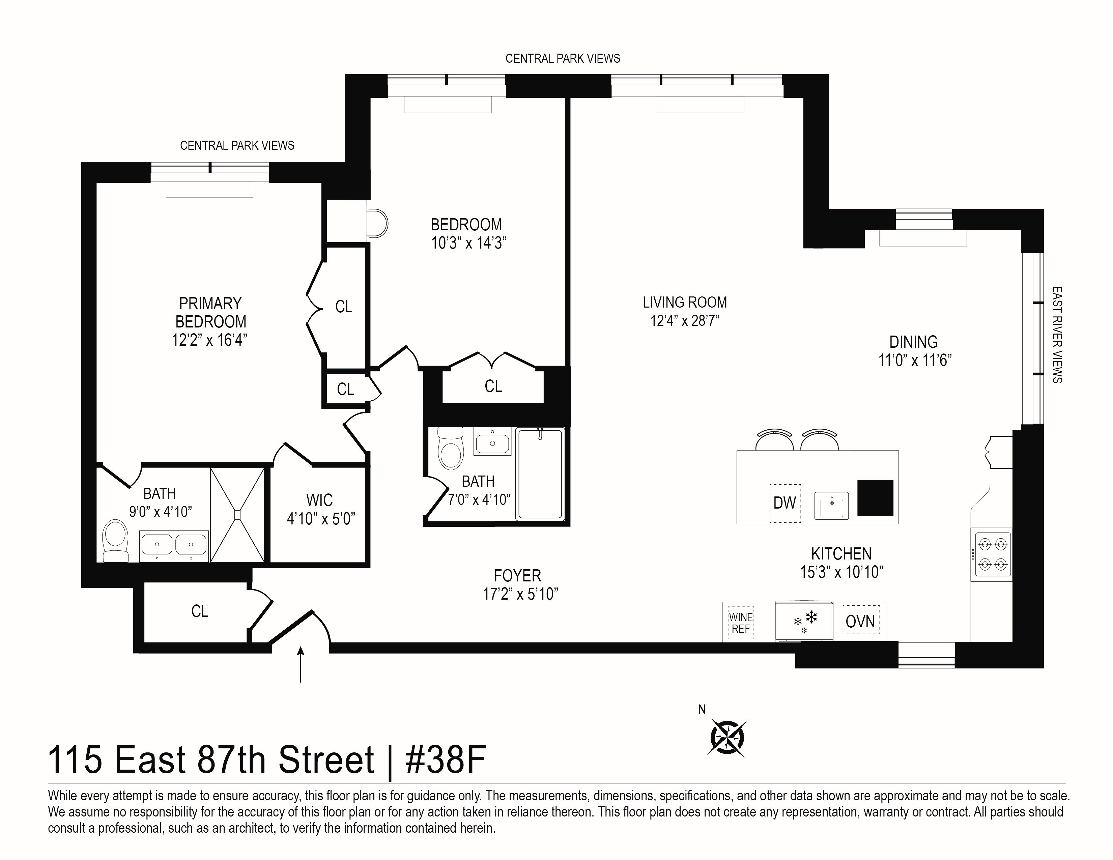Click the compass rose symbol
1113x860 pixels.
pos(727,737)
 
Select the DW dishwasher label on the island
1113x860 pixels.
pos(784,503)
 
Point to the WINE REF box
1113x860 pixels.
pos(740,623)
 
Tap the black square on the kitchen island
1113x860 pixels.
pos(875,498)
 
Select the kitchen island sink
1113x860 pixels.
pos(831,506)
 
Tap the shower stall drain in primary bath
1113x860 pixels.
pos(237,515)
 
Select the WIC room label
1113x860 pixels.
pos(319,500)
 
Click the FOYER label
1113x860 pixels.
pos(517,576)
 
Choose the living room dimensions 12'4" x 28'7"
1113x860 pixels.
pos(684,320)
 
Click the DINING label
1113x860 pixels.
pos(914,342)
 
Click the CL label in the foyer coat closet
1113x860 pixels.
pos(200,611)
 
